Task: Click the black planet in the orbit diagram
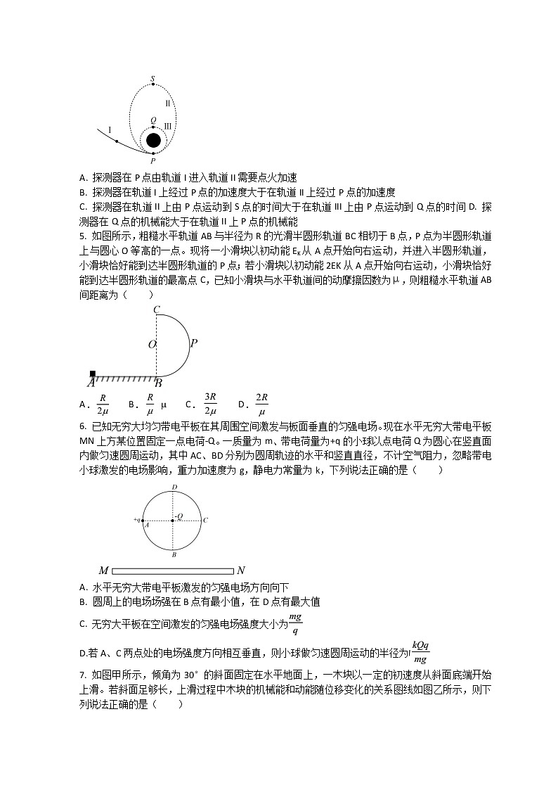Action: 153,140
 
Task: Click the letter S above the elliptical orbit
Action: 153,78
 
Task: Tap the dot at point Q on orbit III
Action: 153,127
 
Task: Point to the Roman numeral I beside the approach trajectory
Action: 110,130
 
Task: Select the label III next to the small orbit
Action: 167,127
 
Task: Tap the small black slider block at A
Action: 93,374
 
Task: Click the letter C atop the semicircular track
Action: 156,310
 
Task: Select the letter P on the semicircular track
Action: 194,343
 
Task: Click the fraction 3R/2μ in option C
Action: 209,404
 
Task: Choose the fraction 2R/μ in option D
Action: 261,404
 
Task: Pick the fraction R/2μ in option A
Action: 103,404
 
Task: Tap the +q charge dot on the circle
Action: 143,521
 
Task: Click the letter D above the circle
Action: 174,487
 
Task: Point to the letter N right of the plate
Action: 241,571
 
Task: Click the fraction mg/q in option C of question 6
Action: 295,622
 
